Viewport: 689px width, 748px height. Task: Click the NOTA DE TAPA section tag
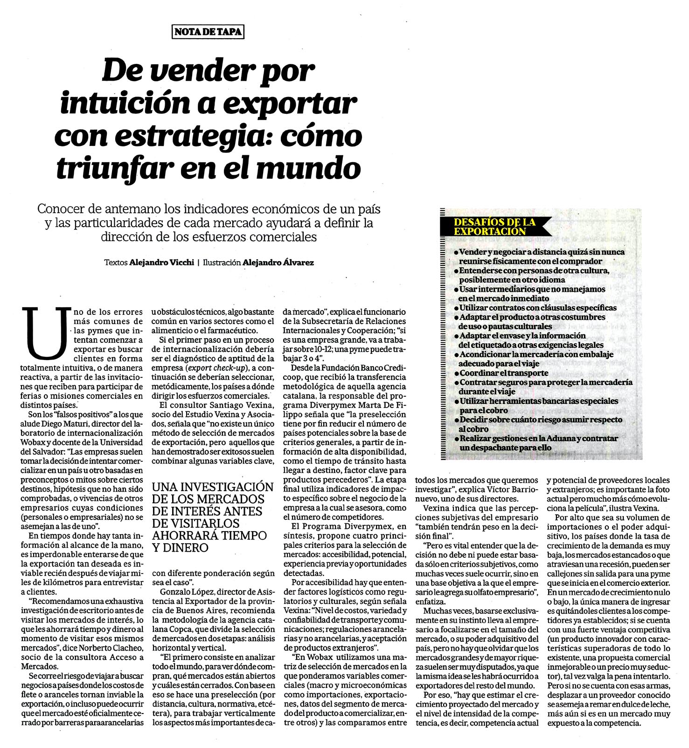(x=208, y=32)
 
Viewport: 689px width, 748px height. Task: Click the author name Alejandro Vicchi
(x=161, y=263)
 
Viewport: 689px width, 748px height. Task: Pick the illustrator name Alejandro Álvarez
(x=278, y=263)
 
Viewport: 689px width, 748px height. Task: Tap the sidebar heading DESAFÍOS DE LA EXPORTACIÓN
(x=488, y=227)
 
